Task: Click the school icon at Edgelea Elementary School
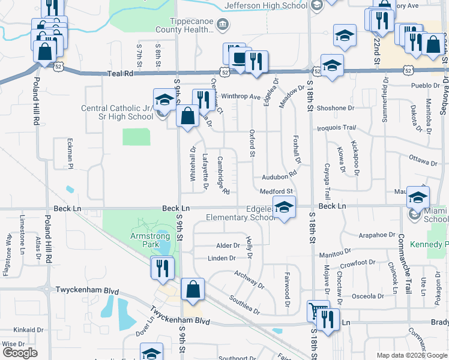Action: pos(285,208)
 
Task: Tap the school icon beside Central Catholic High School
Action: pos(164,100)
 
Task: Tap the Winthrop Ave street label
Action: pos(241,96)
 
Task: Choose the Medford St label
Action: pos(276,191)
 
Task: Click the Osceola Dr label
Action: pos(367,296)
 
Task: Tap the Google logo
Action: pos(20,353)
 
